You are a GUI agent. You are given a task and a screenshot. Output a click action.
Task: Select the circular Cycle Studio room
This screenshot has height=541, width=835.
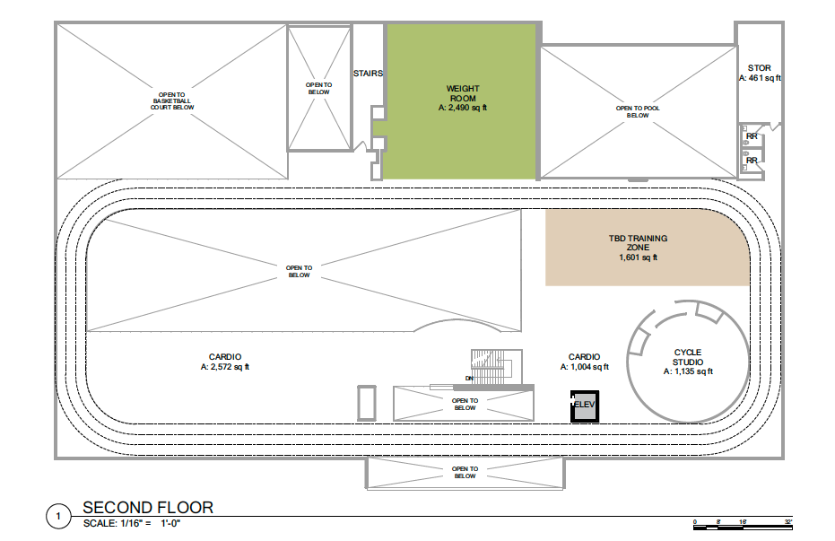click(688, 362)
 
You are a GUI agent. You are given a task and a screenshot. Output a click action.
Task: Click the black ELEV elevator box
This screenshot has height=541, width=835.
click(585, 406)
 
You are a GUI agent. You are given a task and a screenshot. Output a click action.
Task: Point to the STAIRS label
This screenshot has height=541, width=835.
click(368, 74)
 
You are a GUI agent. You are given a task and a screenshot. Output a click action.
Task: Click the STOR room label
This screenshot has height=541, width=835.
click(760, 68)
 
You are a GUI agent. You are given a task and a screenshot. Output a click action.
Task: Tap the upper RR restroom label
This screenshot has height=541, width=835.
click(752, 136)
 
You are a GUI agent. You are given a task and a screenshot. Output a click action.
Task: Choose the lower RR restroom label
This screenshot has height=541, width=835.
click(752, 161)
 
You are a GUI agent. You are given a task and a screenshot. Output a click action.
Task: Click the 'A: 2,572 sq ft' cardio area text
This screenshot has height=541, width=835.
click(225, 367)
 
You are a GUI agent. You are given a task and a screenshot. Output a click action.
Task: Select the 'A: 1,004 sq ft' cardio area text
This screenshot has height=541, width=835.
click(584, 367)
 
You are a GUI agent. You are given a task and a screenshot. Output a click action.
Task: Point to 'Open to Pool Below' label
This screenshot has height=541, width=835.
click(638, 112)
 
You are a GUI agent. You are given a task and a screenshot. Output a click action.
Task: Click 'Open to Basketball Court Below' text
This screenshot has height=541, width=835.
click(172, 101)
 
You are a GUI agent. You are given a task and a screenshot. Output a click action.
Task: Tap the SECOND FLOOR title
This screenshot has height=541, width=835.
click(148, 508)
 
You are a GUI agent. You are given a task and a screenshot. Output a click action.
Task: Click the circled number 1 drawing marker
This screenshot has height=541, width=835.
click(58, 516)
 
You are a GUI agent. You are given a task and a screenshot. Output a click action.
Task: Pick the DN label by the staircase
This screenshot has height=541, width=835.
click(469, 379)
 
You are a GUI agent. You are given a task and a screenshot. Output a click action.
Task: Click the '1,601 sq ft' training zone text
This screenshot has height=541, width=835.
click(638, 257)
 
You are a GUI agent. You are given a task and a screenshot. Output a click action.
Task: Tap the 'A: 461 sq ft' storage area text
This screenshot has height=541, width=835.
click(760, 78)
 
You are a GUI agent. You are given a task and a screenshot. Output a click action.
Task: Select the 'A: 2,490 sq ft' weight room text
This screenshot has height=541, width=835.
click(463, 108)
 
